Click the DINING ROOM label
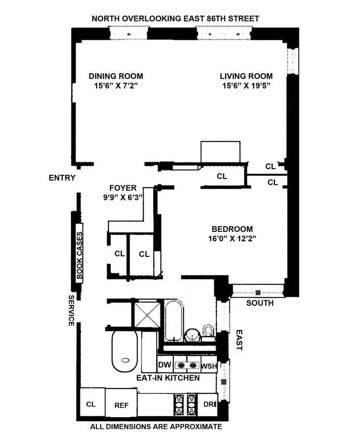115,75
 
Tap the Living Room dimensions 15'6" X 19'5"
244,85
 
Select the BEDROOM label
232,229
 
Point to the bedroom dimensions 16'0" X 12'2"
232,239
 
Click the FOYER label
123,188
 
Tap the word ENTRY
62,178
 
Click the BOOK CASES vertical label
79,253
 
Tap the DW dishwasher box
164,365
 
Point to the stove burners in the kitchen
186,403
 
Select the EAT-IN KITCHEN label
168,378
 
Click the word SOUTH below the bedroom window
260,303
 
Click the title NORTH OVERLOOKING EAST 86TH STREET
175,19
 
